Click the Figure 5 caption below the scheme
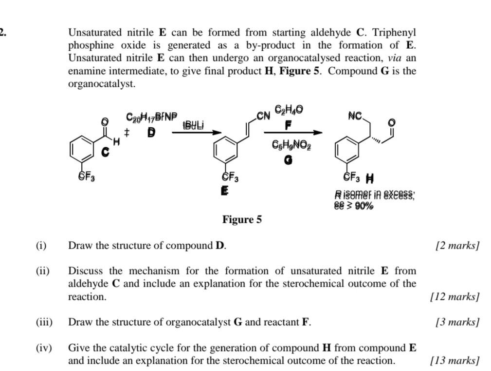tap(242, 220)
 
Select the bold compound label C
tap(106, 153)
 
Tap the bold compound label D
tap(151, 133)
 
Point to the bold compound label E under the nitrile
tap(224, 191)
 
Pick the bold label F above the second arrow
tap(289, 125)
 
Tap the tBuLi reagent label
tap(193, 125)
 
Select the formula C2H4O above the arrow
tap(289, 110)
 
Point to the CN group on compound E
tap(263, 116)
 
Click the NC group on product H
tap(355, 116)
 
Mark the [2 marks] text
tap(457, 245)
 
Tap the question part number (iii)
tap(44, 322)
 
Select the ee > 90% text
tap(354, 206)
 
